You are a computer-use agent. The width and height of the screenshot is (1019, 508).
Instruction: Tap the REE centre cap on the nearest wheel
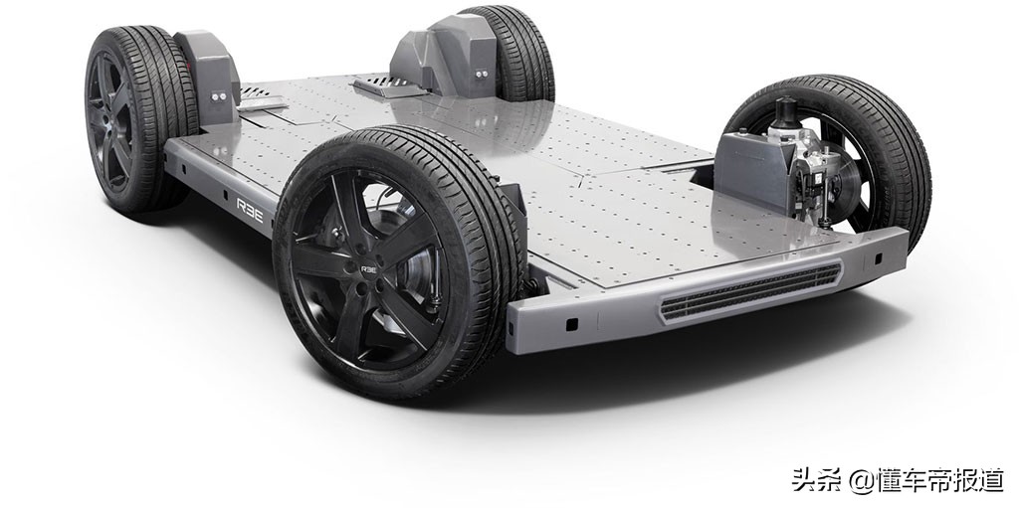(x=368, y=268)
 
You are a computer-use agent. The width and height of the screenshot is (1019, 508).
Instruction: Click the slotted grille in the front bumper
(x=750, y=291)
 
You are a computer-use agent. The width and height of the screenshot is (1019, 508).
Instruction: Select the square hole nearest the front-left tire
(x=571, y=323)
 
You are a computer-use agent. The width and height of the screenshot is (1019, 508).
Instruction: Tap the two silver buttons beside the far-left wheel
(x=219, y=96)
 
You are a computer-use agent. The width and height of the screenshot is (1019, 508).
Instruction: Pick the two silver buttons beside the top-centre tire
(x=481, y=74)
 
